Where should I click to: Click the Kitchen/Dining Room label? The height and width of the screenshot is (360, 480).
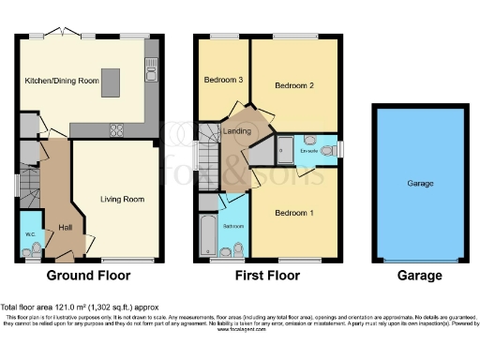coord(62,82)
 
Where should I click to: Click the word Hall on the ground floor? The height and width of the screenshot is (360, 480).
coord(65,227)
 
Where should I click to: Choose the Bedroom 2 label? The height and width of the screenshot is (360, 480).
coord(293,86)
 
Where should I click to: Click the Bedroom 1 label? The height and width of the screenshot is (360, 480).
coord(293,213)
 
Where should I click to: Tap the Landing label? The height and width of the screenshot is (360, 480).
coord(237,131)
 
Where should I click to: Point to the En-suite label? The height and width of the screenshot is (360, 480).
coord(308,148)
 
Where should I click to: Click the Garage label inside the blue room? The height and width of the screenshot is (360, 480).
coord(418,184)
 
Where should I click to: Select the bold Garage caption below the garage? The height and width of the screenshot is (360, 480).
coord(418,276)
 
